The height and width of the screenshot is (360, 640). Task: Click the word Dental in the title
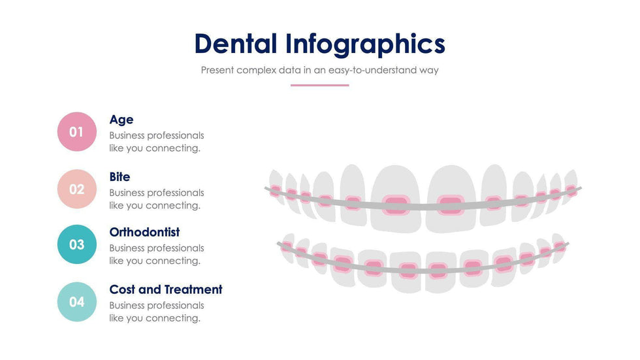point(236,44)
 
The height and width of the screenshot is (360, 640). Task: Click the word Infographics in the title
point(365,44)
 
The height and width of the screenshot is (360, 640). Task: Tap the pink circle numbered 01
point(77,132)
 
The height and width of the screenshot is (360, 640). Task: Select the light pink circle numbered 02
point(77,189)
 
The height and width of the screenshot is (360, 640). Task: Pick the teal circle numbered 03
point(77,244)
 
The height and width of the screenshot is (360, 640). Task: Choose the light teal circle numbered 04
point(77,302)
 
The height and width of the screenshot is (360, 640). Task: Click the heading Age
point(121,120)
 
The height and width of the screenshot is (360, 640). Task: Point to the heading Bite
point(120,177)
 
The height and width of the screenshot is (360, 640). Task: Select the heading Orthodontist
point(144,233)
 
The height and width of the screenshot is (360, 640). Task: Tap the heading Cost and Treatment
point(166,289)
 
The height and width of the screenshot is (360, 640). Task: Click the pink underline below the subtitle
point(319,85)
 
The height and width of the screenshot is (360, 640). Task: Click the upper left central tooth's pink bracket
point(395,205)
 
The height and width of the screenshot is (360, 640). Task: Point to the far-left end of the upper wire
point(266,189)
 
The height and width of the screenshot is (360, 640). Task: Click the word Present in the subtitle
point(217,70)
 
